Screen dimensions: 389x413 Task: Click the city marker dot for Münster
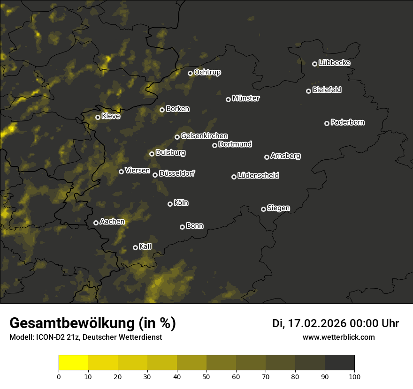coord(229,99)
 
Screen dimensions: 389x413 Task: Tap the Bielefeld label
coord(327,90)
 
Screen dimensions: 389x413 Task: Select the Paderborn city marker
coord(327,123)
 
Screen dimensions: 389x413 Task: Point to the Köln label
coord(181,203)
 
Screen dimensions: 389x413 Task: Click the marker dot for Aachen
coord(96,223)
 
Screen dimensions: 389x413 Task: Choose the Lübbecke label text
coord(334,63)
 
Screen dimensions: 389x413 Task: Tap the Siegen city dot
coord(263,209)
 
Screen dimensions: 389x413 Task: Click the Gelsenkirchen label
coord(204,136)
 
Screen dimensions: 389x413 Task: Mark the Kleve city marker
coord(98,117)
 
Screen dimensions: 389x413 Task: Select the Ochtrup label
coord(207,72)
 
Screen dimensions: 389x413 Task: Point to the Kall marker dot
coord(135,247)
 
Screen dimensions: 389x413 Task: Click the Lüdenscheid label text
coord(258,176)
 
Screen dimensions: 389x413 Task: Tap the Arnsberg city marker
coord(267,157)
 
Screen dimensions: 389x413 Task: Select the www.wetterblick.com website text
coord(338,337)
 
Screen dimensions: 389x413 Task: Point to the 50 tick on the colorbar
coord(206,376)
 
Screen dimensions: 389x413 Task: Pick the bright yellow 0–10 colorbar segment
coord(74,363)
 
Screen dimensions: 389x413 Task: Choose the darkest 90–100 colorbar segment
coord(339,363)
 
